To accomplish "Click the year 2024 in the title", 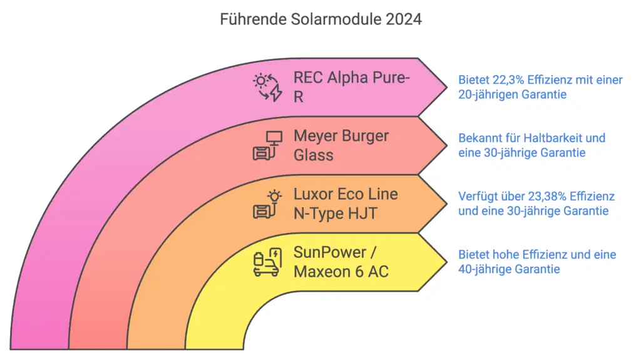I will click(x=404, y=19).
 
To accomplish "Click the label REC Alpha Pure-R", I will click(x=351, y=87).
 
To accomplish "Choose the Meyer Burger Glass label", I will click(x=341, y=145).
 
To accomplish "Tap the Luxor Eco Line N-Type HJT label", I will click(x=346, y=203).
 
